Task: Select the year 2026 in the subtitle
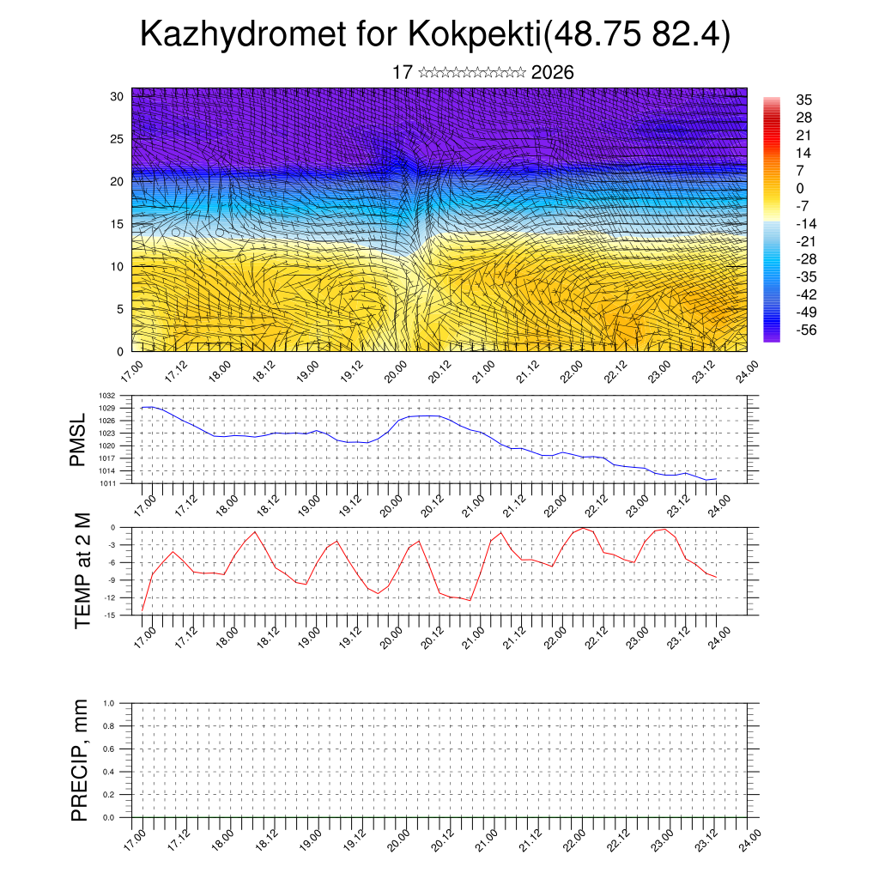(x=553, y=73)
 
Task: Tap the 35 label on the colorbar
(x=804, y=100)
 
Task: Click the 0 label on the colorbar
(x=800, y=188)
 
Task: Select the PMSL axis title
(x=79, y=439)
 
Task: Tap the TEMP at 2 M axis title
(x=82, y=571)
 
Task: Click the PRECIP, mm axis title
(x=80, y=761)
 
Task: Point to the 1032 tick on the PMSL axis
(x=106, y=396)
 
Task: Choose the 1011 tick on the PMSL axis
(x=106, y=483)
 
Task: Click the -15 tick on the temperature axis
(x=111, y=615)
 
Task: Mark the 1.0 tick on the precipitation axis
(x=109, y=703)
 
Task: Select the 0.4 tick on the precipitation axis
(x=109, y=772)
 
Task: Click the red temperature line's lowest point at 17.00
(x=142, y=609)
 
